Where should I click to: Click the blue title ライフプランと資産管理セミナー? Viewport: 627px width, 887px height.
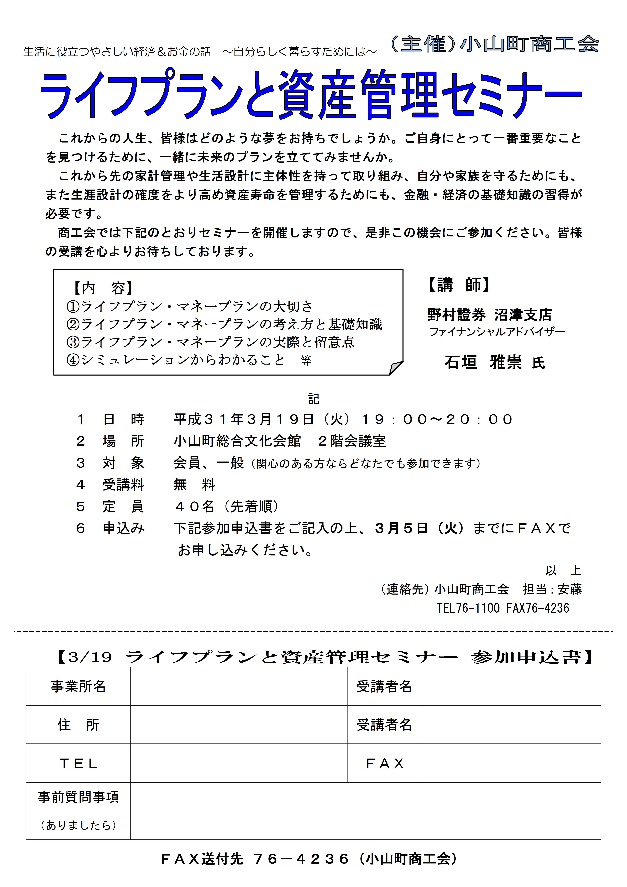pos(311,95)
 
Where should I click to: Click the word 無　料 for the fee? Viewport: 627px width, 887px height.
pos(194,484)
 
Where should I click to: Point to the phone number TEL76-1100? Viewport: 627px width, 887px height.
pos(468,608)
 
